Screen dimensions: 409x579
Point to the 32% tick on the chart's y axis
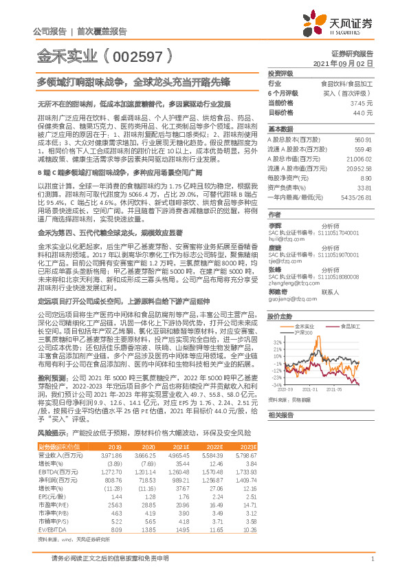click(277, 341)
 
